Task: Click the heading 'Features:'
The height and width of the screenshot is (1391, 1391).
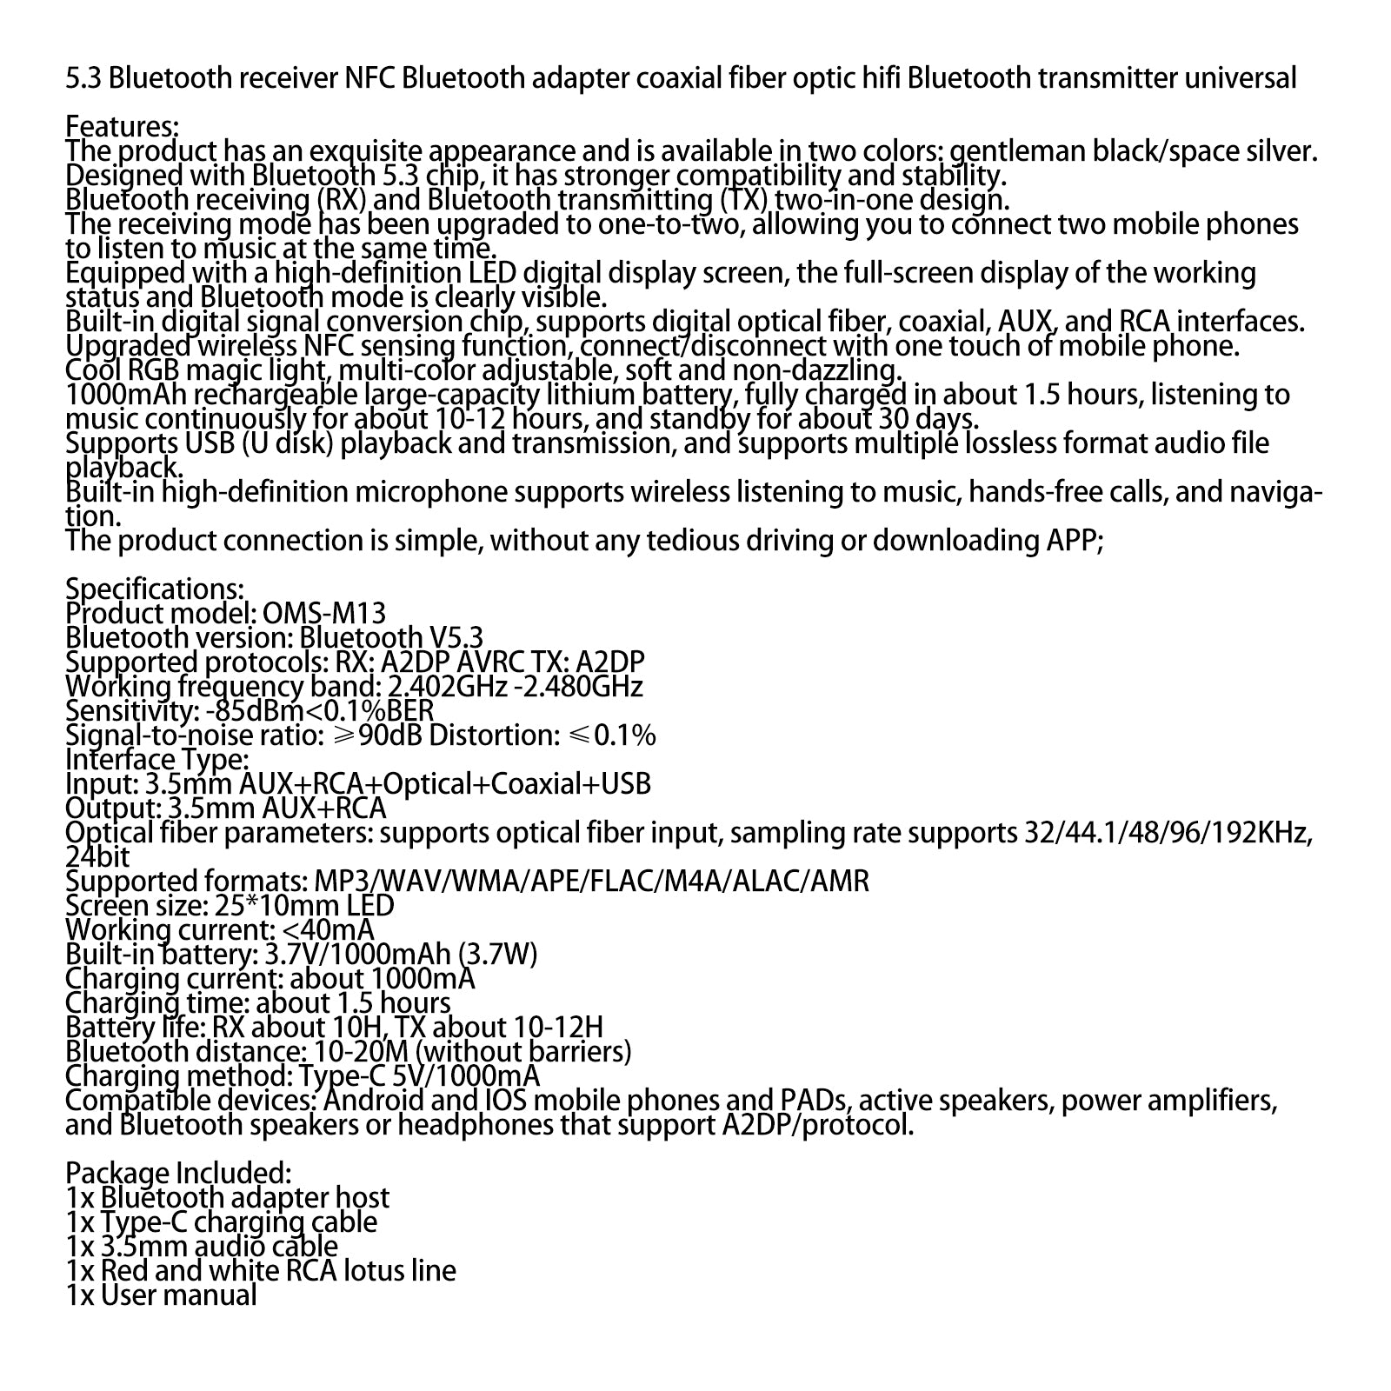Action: [123, 127]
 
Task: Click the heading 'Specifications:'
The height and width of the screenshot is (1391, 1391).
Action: [155, 589]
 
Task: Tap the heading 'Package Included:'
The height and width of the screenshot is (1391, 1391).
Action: [178, 1174]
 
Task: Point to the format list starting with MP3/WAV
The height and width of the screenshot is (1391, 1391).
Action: [587, 882]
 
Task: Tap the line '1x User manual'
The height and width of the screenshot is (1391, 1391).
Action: [162, 1295]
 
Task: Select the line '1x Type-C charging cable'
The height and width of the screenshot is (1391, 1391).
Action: [222, 1222]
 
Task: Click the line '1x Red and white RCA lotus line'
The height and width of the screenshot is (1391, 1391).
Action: [261, 1271]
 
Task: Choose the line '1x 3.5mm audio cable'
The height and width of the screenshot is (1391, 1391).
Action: [202, 1247]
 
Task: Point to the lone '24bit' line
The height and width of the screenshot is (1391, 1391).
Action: [97, 857]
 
